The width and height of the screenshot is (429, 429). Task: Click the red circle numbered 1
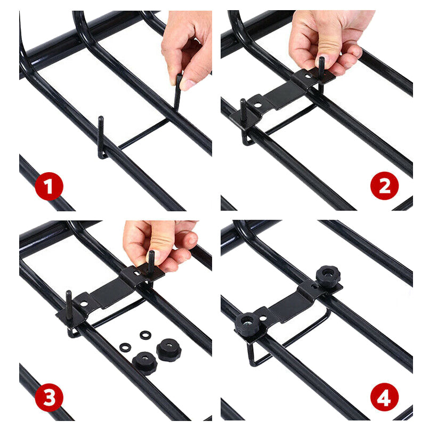(x=48, y=187)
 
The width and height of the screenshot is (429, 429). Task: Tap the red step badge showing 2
(x=385, y=185)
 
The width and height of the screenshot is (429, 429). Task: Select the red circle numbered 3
(x=48, y=398)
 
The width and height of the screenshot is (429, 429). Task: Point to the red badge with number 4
(x=385, y=398)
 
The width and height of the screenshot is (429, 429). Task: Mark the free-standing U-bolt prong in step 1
(x=101, y=136)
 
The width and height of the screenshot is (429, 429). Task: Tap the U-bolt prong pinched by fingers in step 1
(x=178, y=93)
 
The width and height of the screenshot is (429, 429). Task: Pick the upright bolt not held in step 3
(x=69, y=301)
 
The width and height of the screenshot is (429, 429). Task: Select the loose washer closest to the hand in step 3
(x=145, y=335)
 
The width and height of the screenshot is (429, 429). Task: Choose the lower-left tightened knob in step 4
(x=247, y=323)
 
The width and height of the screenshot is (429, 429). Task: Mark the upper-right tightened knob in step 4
(x=328, y=276)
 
